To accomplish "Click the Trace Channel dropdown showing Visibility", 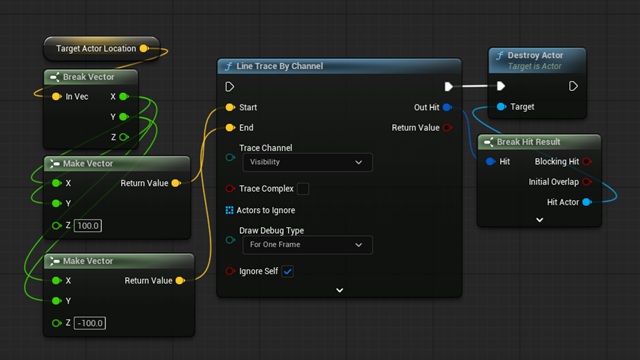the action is coord(307,162).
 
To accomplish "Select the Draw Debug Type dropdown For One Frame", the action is coord(307,245).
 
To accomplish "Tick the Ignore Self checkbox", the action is coord(287,271).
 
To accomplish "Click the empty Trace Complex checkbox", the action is coord(303,189).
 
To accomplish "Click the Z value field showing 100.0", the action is coord(88,226).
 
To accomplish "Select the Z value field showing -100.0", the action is coord(90,323).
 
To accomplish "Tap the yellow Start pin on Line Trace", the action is coord(230,107).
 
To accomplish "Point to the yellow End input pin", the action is coord(230,128).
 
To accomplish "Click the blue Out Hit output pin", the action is coord(447,107).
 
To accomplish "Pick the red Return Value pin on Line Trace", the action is coord(447,128).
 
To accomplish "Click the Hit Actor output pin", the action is coord(587,202).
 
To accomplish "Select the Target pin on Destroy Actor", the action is coord(501,107).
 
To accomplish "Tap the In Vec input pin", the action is coord(56,97).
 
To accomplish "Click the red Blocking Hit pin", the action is coord(587,162).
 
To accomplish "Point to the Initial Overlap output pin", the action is coord(587,182).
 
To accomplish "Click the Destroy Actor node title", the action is coord(535,56).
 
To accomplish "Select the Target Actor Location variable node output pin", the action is coord(144,49).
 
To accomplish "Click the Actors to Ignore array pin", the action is coord(229,210).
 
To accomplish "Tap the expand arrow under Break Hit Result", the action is coord(540,220).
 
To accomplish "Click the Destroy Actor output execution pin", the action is coord(573,86).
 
